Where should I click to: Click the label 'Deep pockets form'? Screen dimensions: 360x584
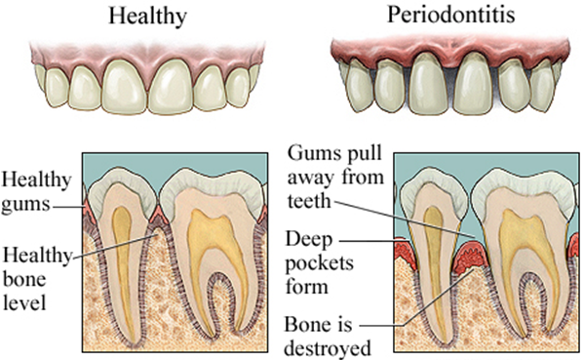click(324, 263)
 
